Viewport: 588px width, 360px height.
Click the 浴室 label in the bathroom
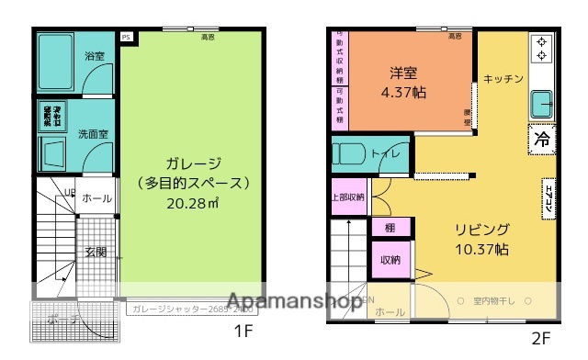coord(95,57)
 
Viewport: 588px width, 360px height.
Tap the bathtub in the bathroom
coord(58,62)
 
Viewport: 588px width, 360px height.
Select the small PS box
coord(126,38)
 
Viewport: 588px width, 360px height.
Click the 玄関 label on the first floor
coord(96,252)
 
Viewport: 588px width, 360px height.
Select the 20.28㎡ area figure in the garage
coord(193,202)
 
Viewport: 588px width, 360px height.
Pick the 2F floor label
coord(539,337)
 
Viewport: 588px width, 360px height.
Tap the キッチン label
coord(503,79)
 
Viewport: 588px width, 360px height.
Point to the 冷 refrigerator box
coord(542,140)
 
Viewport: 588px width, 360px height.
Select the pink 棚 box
coord(390,227)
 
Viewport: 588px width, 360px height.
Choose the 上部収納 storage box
coord(347,197)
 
